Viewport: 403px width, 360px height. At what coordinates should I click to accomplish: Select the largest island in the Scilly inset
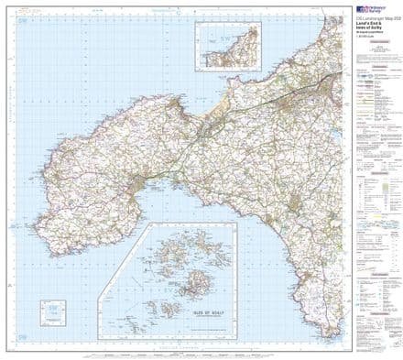198,273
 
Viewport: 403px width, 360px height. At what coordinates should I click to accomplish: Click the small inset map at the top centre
221,42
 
